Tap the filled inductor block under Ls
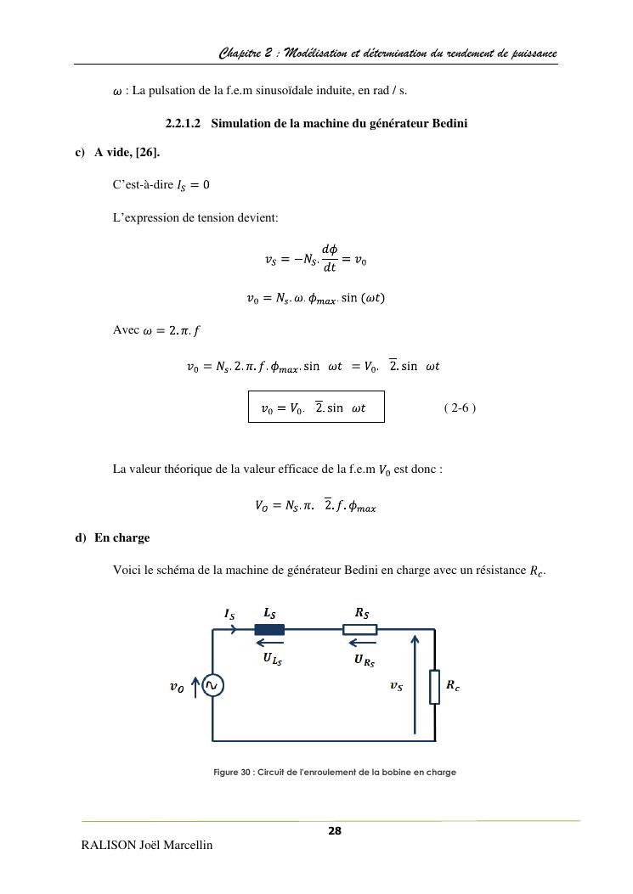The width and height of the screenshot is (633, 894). (269, 629)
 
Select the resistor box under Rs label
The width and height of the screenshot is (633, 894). (360, 629)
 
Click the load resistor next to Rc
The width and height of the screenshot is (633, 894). (434, 686)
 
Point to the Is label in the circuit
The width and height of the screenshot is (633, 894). (229, 613)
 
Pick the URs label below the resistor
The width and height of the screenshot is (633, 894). (364, 659)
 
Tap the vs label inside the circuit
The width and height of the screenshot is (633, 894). (396, 687)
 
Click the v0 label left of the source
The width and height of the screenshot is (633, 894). (177, 687)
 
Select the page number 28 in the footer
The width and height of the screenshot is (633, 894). (335, 830)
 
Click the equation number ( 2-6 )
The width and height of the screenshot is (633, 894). (460, 408)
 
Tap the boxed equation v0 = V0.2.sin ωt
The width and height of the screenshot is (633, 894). (316, 407)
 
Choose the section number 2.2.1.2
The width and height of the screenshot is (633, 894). (183, 123)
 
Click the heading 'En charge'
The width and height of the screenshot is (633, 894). (122, 537)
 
